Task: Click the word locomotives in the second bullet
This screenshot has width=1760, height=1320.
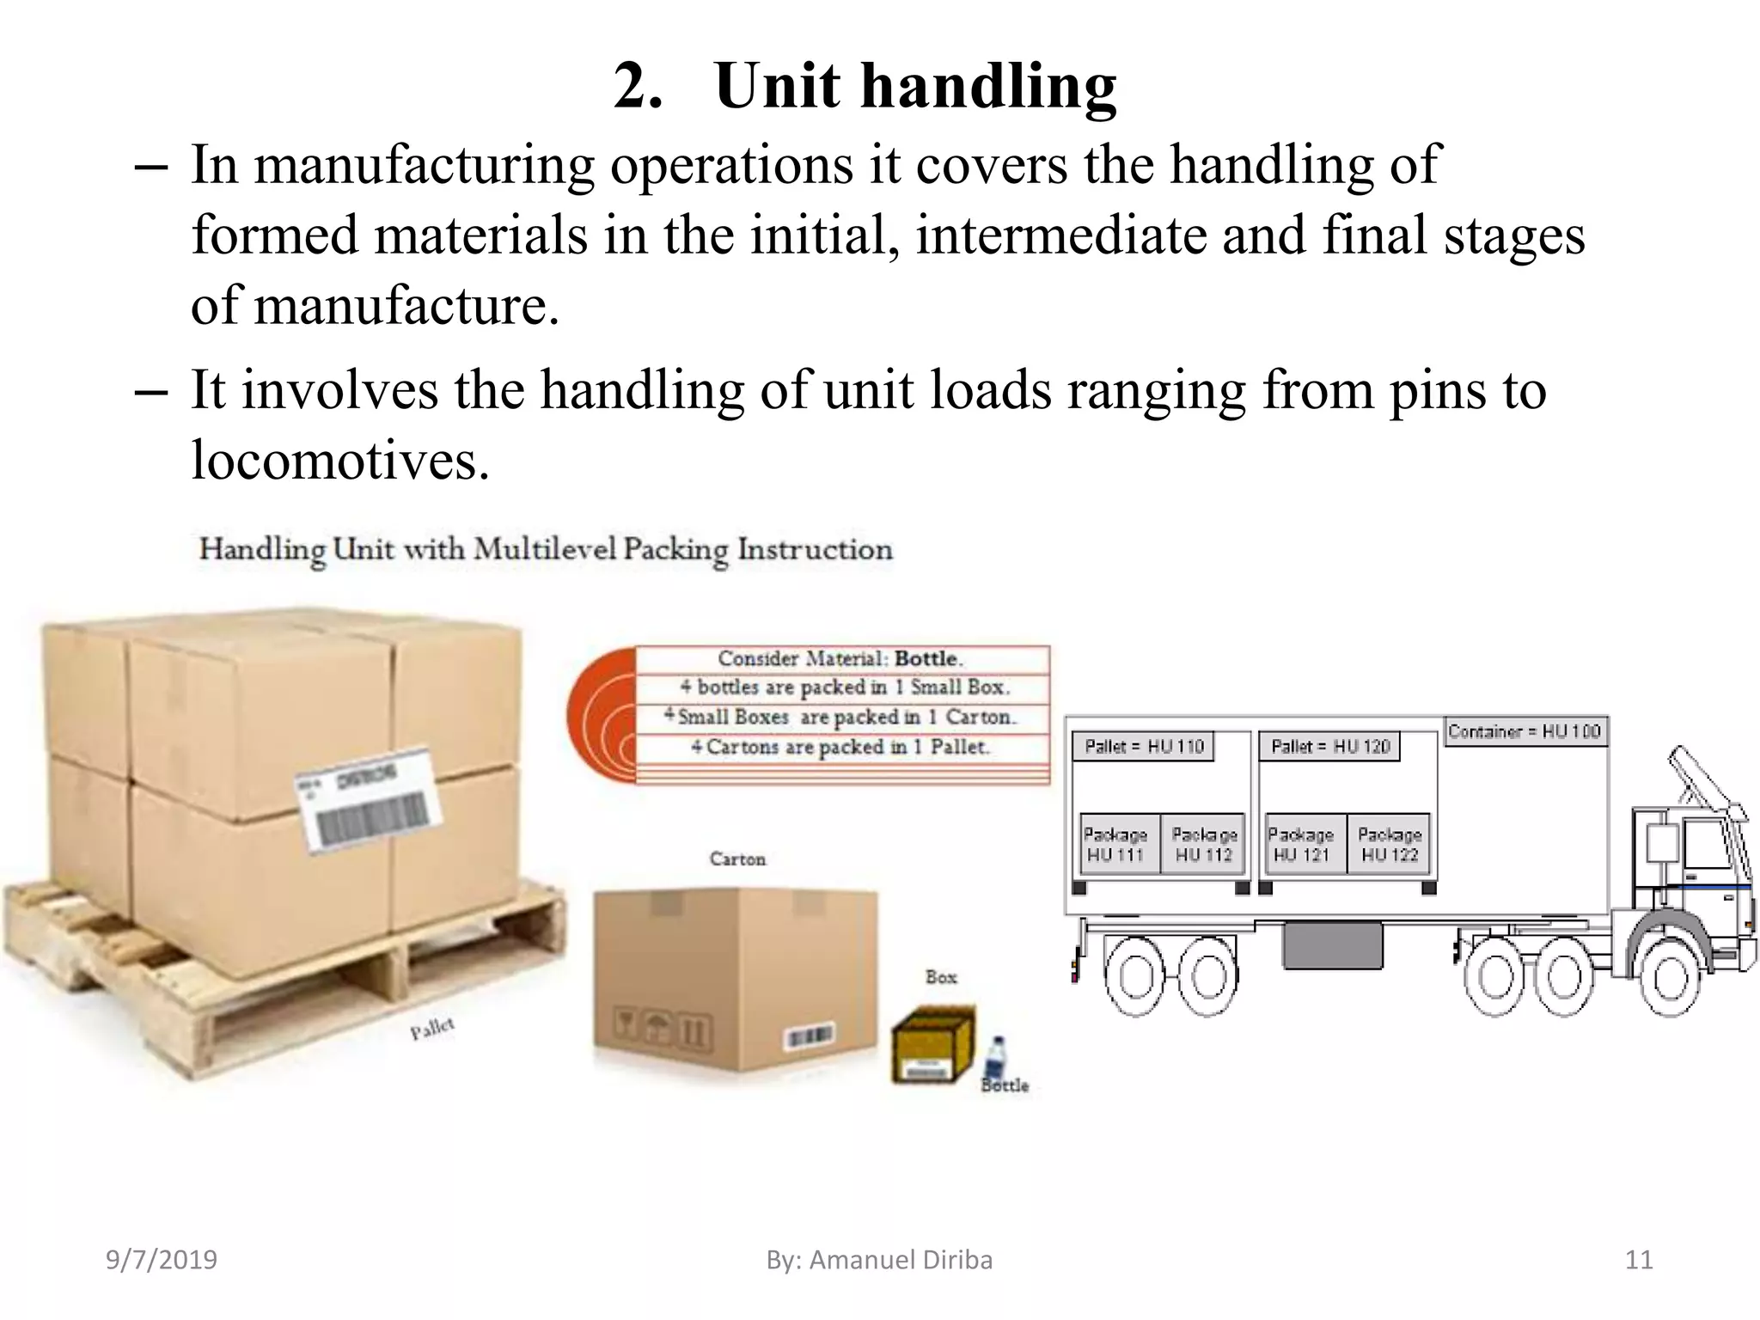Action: pyautogui.click(x=339, y=461)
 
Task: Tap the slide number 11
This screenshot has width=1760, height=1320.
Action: pyautogui.click(x=1639, y=1260)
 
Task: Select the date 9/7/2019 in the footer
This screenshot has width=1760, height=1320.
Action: pyautogui.click(x=162, y=1260)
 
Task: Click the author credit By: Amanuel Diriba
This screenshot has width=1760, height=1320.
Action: pyautogui.click(x=879, y=1260)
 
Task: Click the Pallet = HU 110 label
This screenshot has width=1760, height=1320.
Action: pyautogui.click(x=1143, y=746)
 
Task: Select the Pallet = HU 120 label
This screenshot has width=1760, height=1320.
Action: pyautogui.click(x=1329, y=746)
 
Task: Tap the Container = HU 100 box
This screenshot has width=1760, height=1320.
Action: pyautogui.click(x=1524, y=731)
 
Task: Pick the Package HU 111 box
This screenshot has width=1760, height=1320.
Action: pyautogui.click(x=1115, y=844)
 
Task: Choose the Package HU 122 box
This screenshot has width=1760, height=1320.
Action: pyautogui.click(x=1389, y=844)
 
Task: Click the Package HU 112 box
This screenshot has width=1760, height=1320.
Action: pyautogui.click(x=1203, y=844)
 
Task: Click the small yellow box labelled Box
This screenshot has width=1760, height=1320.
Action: pyautogui.click(x=932, y=1045)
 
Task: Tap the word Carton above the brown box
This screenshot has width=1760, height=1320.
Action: pyautogui.click(x=737, y=859)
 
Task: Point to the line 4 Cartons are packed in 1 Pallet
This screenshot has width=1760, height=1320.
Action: pyautogui.click(x=840, y=747)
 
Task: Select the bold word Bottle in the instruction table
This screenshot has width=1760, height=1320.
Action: pyautogui.click(x=926, y=658)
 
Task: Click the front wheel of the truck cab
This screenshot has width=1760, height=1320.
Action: pyautogui.click(x=1670, y=978)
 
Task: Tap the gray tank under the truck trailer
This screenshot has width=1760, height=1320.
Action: pyautogui.click(x=1332, y=944)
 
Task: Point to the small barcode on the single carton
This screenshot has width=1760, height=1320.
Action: pyautogui.click(x=810, y=1036)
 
